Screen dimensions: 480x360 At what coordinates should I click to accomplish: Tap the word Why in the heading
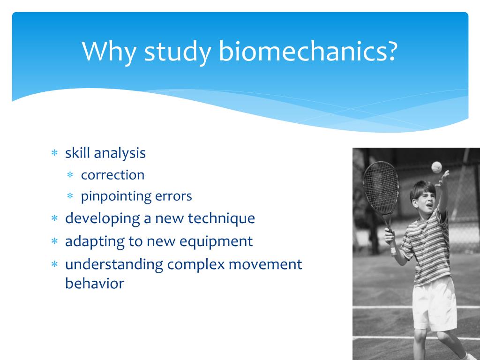(x=109, y=52)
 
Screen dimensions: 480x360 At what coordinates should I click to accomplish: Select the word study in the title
(x=178, y=52)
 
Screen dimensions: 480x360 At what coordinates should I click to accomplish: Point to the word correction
(x=112, y=175)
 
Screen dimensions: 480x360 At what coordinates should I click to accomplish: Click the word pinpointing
(x=116, y=196)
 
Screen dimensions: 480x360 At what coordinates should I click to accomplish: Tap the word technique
(x=221, y=219)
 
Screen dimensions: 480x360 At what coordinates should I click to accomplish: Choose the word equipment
(x=216, y=242)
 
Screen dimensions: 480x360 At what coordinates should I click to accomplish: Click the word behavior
(x=95, y=283)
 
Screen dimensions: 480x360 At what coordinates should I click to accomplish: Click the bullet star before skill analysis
(x=54, y=152)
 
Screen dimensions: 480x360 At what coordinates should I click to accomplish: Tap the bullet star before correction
(x=70, y=175)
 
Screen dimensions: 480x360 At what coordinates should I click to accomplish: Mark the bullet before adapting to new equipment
(x=54, y=241)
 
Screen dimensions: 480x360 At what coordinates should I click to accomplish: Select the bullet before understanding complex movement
(x=54, y=264)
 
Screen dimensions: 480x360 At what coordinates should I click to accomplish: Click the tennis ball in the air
(x=436, y=167)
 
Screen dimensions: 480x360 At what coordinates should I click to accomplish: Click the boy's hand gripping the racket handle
(x=390, y=237)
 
